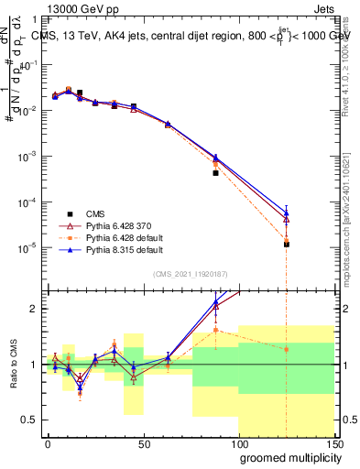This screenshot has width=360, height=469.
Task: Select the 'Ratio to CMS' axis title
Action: pyautogui.click(x=13, y=365)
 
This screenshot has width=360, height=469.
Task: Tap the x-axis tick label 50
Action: pyautogui.click(x=144, y=442)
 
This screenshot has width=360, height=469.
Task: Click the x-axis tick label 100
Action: pyautogui.click(x=238, y=442)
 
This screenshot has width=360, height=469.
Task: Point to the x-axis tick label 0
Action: pyautogui.click(x=49, y=442)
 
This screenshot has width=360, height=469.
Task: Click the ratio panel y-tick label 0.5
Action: pyautogui.click(x=27, y=420)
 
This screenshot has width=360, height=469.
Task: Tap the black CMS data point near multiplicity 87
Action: pyautogui.click(x=215, y=172)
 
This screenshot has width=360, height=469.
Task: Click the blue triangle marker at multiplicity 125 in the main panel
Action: pyautogui.click(x=287, y=213)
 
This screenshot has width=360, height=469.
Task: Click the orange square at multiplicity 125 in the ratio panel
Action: pyautogui.click(x=287, y=349)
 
